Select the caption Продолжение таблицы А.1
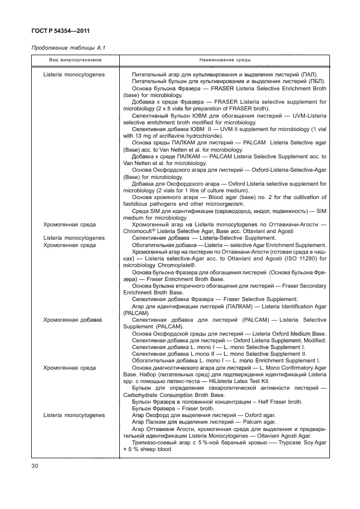pyautogui.click(x=60, y=47)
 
